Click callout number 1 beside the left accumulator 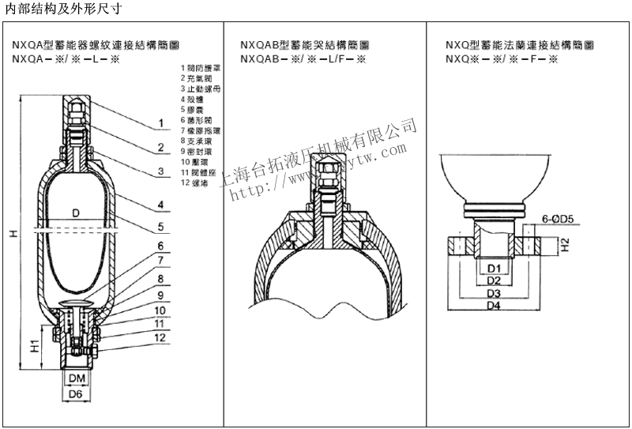tap(160, 123)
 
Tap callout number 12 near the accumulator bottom tap(160, 337)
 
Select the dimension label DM tap(76, 379)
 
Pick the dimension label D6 tap(76, 393)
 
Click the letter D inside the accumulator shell tap(76, 213)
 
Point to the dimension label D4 tap(494, 306)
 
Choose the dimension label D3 tap(495, 293)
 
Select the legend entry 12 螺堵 tap(195, 183)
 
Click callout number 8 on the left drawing tap(160, 279)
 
